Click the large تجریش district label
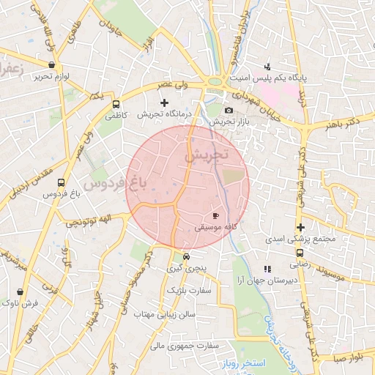coord(207,155)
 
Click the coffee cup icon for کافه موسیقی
coord(215,215)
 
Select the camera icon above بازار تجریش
coord(229,110)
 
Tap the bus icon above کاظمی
coord(116,103)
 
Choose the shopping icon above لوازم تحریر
coord(51,64)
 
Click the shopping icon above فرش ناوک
coord(19,291)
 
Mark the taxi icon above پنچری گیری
coord(187,257)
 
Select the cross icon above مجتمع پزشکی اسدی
coord(300,227)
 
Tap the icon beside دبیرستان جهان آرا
coord(267,269)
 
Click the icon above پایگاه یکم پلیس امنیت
coord(267,66)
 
